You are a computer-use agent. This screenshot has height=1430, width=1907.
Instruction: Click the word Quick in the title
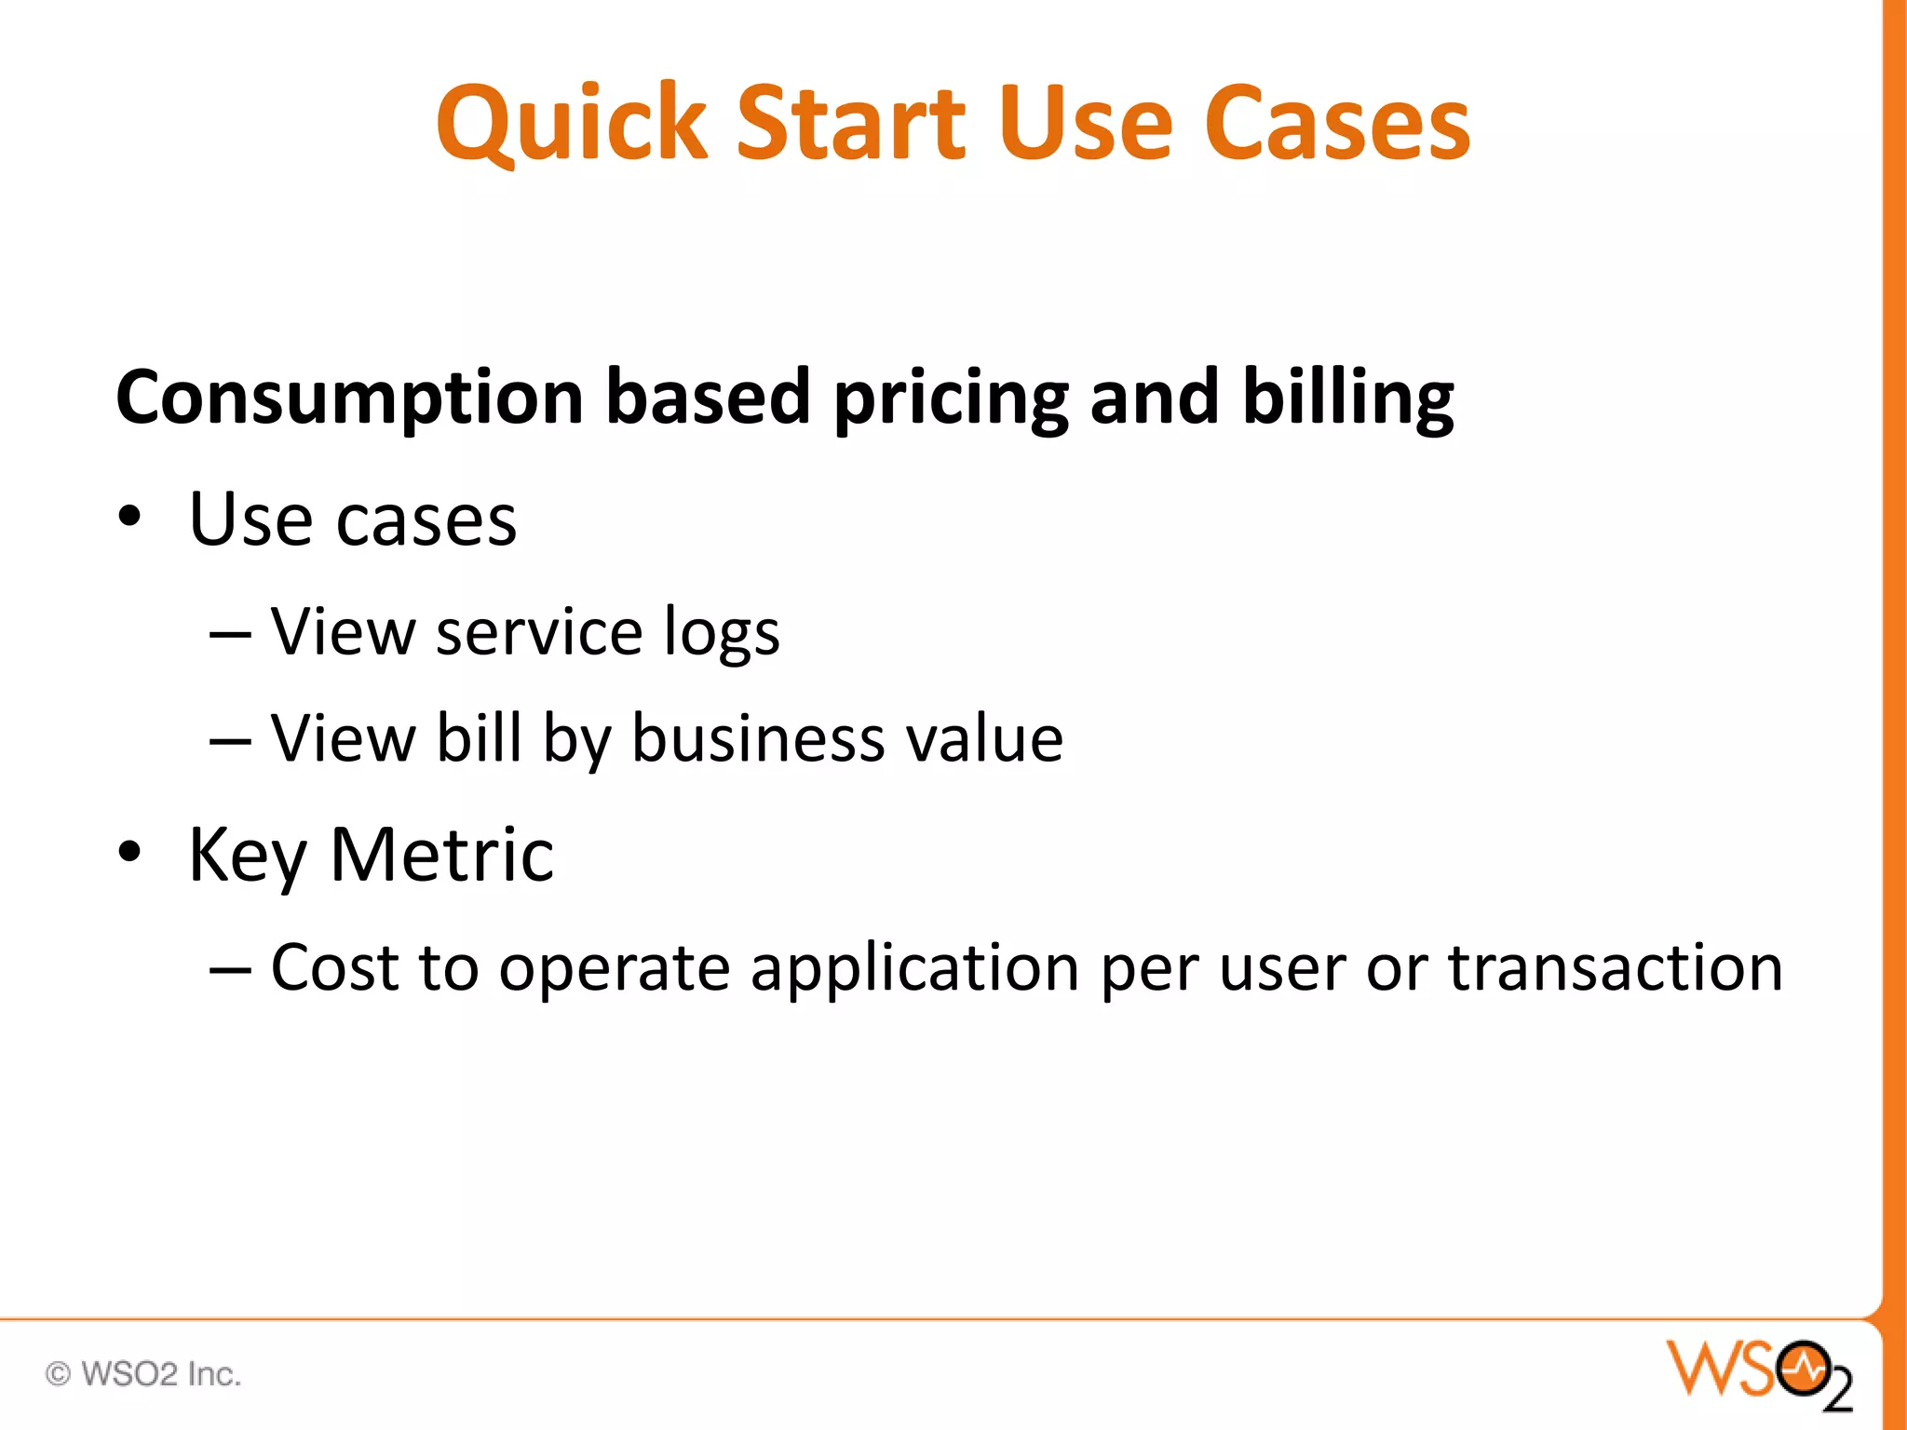(571, 124)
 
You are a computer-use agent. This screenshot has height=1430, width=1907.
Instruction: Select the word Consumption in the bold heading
(349, 398)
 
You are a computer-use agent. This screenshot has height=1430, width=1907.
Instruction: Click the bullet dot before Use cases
(129, 518)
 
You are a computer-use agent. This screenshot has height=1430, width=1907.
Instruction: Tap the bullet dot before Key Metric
(129, 853)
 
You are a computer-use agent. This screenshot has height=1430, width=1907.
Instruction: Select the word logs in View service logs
(722, 634)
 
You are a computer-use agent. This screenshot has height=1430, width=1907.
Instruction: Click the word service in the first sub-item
(538, 632)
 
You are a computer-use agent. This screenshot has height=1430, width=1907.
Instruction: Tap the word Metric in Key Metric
(441, 855)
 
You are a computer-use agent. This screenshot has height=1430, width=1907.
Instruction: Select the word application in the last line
(914, 969)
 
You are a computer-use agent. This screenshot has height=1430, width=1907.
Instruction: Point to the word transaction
(1615, 967)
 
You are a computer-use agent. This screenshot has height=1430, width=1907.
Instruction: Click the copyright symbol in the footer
(58, 1373)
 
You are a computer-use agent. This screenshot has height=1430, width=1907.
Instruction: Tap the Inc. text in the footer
(214, 1373)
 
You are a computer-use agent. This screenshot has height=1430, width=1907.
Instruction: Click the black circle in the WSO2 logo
(1803, 1369)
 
